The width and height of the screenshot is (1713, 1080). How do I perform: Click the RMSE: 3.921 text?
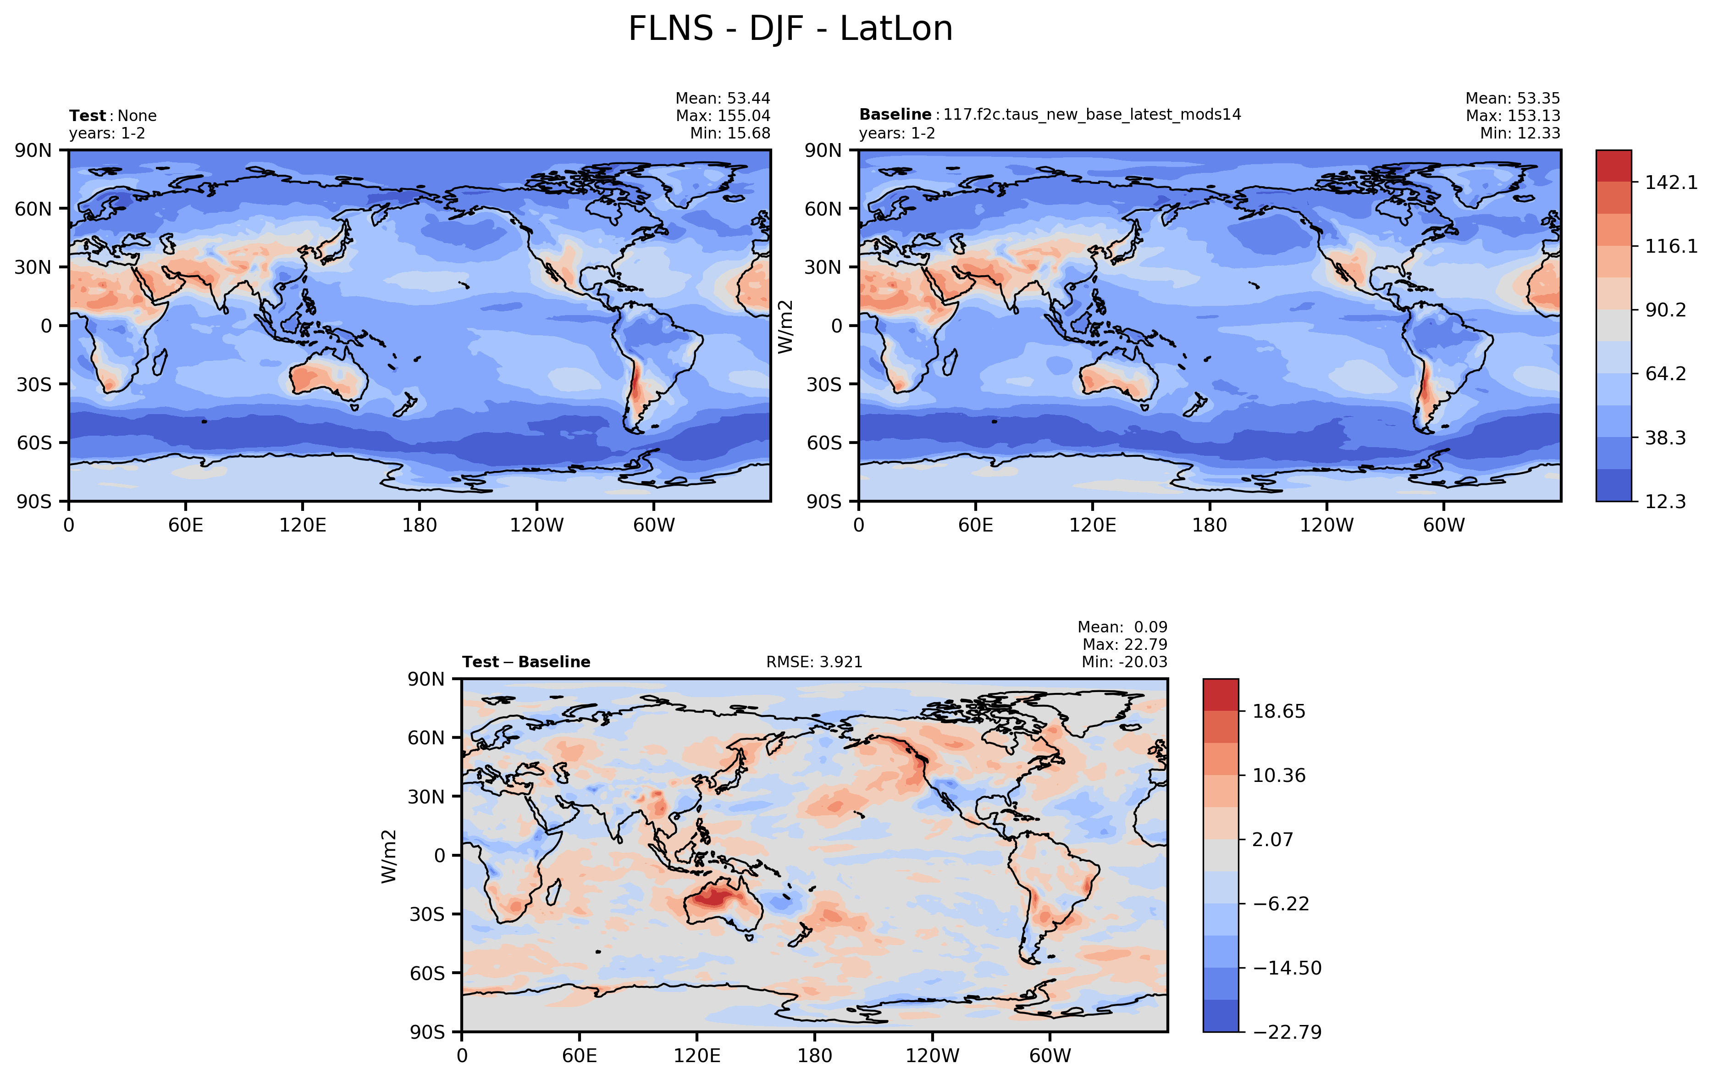[814, 662]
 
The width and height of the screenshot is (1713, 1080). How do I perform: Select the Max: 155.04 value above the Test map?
[723, 115]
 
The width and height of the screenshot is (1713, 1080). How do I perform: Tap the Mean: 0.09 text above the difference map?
[1122, 627]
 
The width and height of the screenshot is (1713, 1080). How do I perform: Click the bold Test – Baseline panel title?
[526, 662]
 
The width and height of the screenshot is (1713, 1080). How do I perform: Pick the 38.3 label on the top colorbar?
[1664, 438]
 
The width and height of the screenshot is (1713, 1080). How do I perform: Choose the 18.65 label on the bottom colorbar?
[1278, 711]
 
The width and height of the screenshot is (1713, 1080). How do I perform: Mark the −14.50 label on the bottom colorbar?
[1286, 968]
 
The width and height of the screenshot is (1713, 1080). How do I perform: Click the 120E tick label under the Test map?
[302, 526]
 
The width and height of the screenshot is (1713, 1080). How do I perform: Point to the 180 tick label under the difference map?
[814, 1055]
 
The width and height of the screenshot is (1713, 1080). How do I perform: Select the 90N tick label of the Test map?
[33, 150]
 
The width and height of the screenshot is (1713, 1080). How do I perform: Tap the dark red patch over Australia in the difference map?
[713, 898]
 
